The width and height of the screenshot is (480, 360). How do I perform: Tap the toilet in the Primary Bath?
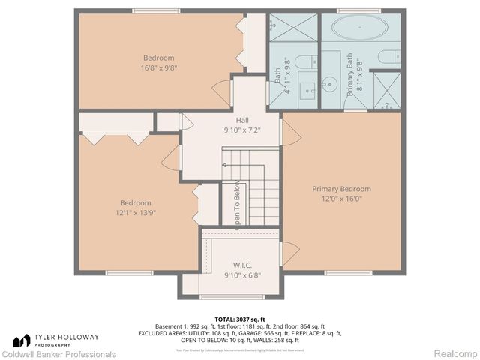click(390, 57)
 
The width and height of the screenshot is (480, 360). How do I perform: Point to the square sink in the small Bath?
click(308, 91)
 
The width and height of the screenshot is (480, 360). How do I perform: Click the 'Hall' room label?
click(242, 120)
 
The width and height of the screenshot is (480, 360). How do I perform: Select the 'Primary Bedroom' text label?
click(341, 189)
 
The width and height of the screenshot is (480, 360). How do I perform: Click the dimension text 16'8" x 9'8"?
click(159, 67)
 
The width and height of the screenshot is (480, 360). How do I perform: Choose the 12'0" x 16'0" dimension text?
click(341, 199)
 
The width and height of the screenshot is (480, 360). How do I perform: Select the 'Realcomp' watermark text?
click(453, 354)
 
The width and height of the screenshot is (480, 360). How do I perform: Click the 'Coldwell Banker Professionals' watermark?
click(58, 354)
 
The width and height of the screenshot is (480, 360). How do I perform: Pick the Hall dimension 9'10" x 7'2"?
click(242, 130)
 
